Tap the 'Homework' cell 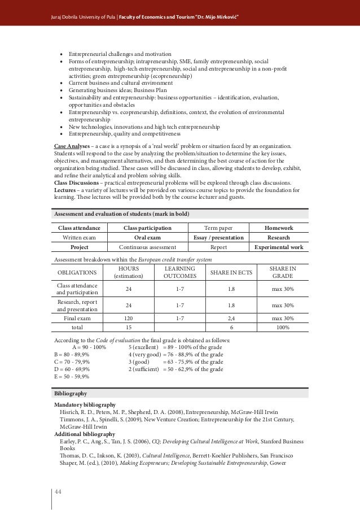pos(279,228)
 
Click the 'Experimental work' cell pos(279,247)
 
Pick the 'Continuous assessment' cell pos(147,247)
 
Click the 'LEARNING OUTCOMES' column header pos(180,272)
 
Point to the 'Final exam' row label pos(76,319)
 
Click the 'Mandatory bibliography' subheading pos(85,405)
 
